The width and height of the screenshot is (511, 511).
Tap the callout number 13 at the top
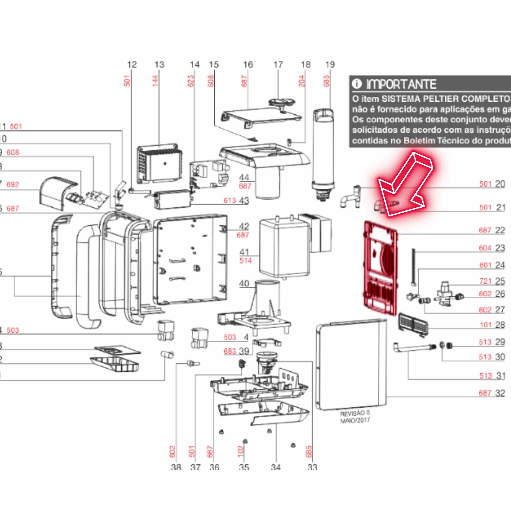[159, 65]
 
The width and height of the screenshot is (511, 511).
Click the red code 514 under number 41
[245, 261]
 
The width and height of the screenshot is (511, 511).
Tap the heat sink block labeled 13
[159, 164]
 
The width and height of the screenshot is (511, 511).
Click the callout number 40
[244, 284]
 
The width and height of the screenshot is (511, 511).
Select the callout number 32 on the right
[500, 400]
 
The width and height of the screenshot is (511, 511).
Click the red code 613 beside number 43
[229, 201]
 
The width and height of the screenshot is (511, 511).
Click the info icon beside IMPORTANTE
[356, 84]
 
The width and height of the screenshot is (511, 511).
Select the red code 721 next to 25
[485, 281]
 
